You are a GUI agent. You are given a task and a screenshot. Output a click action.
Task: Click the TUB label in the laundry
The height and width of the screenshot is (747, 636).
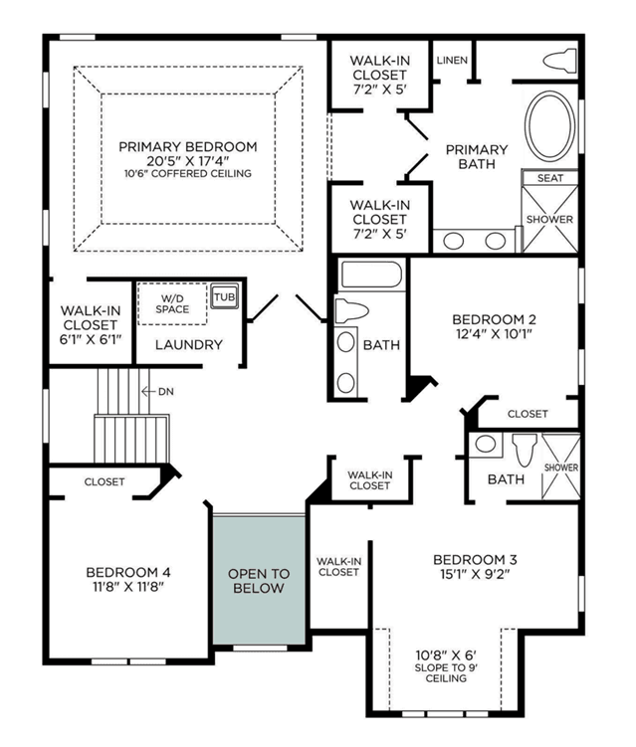[x=225, y=297]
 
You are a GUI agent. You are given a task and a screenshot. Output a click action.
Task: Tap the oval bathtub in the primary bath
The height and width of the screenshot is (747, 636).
[x=549, y=125]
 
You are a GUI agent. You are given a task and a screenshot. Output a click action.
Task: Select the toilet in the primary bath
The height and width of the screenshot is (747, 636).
[x=559, y=61]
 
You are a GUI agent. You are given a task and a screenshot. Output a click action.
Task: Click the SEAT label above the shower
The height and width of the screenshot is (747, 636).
[x=550, y=178]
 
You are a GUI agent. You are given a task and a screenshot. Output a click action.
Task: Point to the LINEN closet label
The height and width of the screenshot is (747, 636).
[x=452, y=60]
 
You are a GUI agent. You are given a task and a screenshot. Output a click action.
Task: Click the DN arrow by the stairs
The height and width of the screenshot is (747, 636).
[x=148, y=392]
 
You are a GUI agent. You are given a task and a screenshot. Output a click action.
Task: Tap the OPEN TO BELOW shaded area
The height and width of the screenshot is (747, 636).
[x=259, y=580]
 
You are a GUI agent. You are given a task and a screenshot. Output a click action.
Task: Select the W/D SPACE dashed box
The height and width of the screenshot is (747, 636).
[x=172, y=304]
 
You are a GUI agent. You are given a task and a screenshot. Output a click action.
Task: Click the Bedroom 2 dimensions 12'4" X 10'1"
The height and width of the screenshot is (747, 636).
[x=494, y=333]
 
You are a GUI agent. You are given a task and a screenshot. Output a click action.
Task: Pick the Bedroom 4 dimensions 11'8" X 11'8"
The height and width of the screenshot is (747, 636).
[x=128, y=587]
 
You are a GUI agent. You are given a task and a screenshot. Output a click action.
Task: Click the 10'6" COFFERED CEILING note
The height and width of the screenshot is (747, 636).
[x=188, y=173]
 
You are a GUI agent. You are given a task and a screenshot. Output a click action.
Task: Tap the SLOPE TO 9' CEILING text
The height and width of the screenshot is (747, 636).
[x=446, y=672]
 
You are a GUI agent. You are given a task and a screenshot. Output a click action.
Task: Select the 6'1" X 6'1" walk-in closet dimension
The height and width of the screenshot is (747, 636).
[x=91, y=339]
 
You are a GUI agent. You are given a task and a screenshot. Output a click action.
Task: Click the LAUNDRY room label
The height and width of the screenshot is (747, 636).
[x=189, y=344]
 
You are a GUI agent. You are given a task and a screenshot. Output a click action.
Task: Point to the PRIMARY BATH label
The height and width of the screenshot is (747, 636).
[x=477, y=157]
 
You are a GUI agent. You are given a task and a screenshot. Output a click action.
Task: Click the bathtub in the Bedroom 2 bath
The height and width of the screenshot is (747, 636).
[x=372, y=275]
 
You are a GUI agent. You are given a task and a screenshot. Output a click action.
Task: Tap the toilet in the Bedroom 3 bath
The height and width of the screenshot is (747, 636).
[x=525, y=450]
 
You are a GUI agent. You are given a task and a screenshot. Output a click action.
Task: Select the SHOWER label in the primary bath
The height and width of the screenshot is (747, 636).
[x=549, y=219]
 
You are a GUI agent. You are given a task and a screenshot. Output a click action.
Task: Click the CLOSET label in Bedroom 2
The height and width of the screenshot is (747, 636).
[x=528, y=414]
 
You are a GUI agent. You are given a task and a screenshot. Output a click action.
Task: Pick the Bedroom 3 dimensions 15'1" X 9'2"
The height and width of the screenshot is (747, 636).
[x=475, y=574]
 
